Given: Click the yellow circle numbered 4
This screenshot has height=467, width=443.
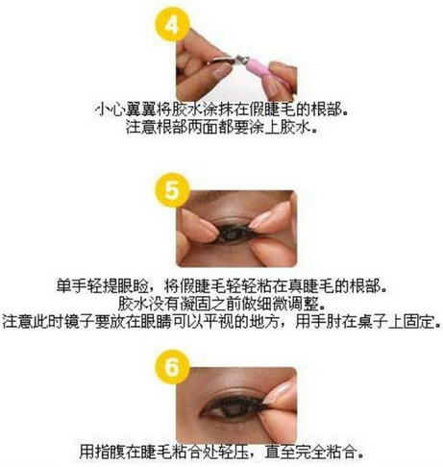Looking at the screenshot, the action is click(x=172, y=24).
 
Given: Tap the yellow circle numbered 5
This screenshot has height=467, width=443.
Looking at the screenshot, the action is click(x=172, y=190).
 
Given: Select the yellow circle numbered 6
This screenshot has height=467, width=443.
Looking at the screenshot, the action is click(x=172, y=367).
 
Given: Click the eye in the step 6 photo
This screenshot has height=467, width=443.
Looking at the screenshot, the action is click(x=234, y=407).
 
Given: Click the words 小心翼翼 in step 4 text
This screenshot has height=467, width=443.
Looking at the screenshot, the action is click(x=126, y=111).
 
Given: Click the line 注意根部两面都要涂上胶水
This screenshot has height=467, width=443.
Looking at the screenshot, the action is click(x=221, y=127).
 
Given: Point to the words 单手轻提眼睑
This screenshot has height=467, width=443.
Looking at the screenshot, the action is click(x=102, y=286).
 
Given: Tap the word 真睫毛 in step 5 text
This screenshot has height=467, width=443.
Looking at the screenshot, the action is click(x=311, y=286).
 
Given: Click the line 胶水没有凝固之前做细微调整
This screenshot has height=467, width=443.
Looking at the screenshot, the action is click(x=221, y=304).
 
